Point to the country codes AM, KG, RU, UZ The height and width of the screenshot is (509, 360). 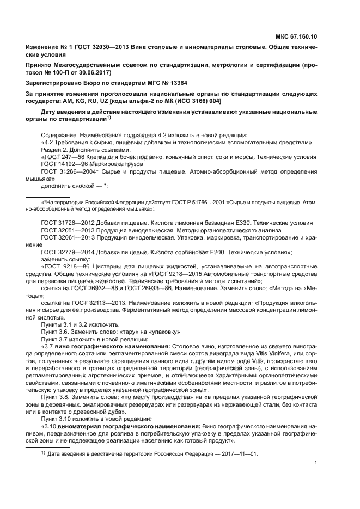click(x=86, y=101)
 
